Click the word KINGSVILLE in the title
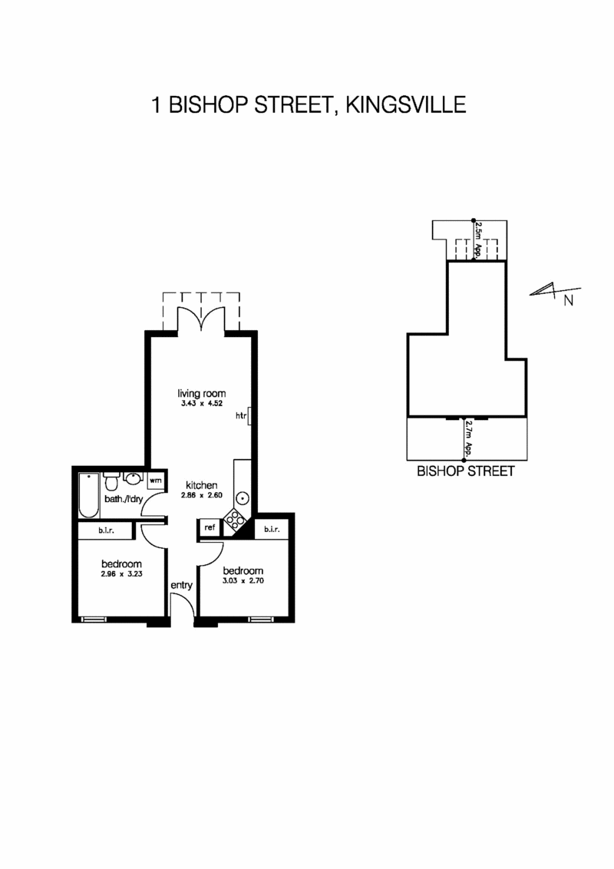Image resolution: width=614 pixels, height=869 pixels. pyautogui.click(x=407, y=104)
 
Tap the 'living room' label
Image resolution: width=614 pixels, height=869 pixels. pyautogui.click(x=202, y=393)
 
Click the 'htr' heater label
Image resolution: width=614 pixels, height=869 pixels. pyautogui.click(x=240, y=416)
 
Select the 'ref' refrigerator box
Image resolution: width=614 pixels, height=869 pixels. pyautogui.click(x=209, y=527)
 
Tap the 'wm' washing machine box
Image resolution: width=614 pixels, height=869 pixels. pyautogui.click(x=155, y=481)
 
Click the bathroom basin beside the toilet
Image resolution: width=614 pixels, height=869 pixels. pyautogui.click(x=132, y=480)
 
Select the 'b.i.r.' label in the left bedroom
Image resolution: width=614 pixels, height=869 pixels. pyautogui.click(x=107, y=531)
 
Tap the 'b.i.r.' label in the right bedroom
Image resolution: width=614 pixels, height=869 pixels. pyautogui.click(x=272, y=530)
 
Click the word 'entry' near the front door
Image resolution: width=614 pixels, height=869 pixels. pyautogui.click(x=181, y=585)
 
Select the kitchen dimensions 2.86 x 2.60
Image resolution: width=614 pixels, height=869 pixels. pyautogui.click(x=201, y=497)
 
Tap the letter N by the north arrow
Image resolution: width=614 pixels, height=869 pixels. pyautogui.click(x=569, y=300)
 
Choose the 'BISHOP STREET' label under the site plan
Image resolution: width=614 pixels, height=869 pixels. pyautogui.click(x=465, y=471)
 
